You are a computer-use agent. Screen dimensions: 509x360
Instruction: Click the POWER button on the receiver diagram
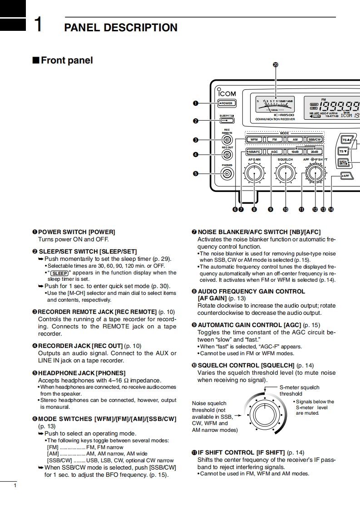click(x=226, y=103)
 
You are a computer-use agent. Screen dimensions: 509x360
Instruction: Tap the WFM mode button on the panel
click(x=254, y=140)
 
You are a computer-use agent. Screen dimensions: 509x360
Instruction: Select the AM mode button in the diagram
click(x=295, y=140)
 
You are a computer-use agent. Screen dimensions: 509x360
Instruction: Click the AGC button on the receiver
click(x=274, y=152)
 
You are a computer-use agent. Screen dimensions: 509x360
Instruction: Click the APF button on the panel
click(x=345, y=176)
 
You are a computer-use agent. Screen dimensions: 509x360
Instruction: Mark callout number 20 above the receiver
click(x=275, y=64)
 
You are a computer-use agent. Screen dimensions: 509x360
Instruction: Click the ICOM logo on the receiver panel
click(x=227, y=93)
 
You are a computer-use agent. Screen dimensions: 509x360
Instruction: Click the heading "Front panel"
click(x=67, y=60)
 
